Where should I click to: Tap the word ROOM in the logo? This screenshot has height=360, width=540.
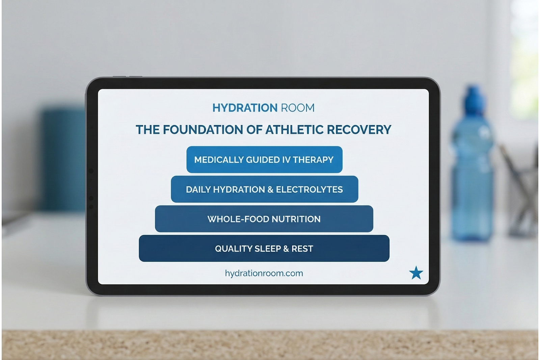pyautogui.click(x=298, y=108)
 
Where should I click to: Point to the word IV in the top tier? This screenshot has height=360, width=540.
pyautogui.click(x=286, y=160)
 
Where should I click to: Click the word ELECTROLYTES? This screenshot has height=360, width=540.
pyautogui.click(x=309, y=190)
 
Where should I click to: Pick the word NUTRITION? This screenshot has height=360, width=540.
pyautogui.click(x=296, y=219)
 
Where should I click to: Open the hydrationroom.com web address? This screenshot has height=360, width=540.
pyautogui.click(x=264, y=273)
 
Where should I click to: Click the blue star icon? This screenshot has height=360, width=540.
pyautogui.click(x=416, y=273)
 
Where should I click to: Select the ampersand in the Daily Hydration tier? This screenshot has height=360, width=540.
pyautogui.click(x=270, y=190)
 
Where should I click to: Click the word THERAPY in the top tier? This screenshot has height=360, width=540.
pyautogui.click(x=313, y=160)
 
